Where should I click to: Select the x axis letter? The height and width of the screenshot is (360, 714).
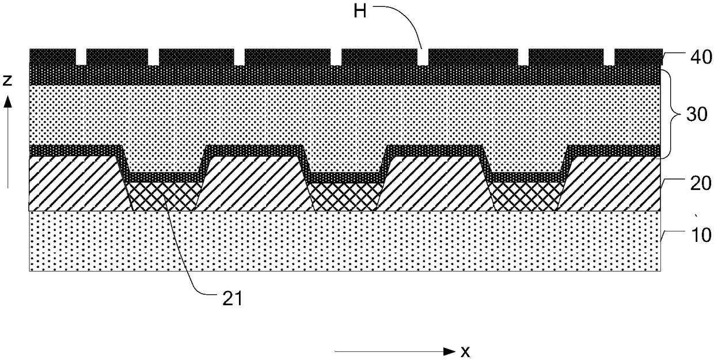click(x=464, y=350)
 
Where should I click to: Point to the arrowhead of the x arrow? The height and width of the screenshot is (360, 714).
click(x=448, y=350)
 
